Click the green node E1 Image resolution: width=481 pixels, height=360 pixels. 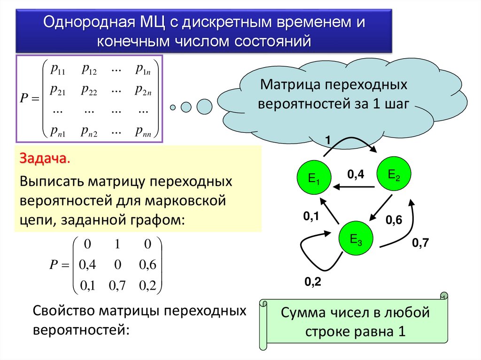tap(313, 178)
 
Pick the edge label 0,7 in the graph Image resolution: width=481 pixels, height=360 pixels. tap(421, 243)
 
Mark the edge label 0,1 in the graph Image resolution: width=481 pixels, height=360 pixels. tap(311, 216)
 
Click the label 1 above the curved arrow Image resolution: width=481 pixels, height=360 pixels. tap(328, 140)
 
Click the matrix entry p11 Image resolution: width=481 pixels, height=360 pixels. tap(58, 70)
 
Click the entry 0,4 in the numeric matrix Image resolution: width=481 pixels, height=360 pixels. tap(87, 265)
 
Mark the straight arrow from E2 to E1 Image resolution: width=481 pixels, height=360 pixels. tap(355, 187)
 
